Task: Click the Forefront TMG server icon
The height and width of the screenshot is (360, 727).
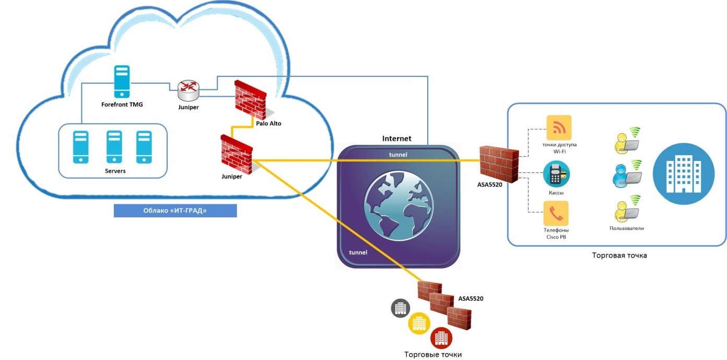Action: [121, 81]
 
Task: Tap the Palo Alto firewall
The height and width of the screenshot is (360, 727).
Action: [251, 101]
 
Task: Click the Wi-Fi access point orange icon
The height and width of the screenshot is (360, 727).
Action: [559, 127]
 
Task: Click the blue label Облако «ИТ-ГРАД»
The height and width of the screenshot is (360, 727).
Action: [175, 211]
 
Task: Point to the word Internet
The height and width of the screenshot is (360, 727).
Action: [397, 138]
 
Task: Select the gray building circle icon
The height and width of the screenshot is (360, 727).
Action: [401, 308]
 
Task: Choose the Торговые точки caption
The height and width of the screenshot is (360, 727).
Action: [433, 354]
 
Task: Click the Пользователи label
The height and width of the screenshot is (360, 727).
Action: [626, 228]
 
